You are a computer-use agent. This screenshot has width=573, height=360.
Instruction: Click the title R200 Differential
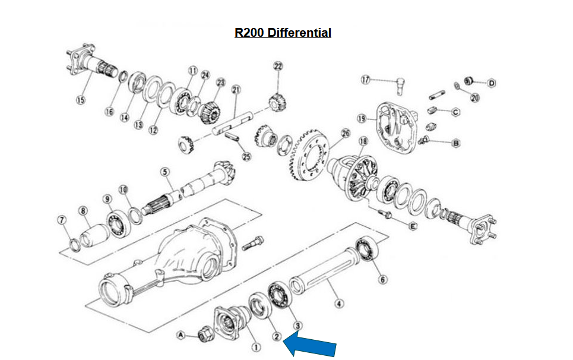283,33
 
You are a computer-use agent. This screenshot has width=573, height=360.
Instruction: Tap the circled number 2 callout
276,337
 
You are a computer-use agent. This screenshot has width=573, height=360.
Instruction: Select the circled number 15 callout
80,100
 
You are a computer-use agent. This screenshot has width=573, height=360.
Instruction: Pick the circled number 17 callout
366,80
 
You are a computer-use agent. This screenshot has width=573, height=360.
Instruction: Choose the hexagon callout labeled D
492,83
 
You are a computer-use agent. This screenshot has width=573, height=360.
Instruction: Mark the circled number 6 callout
382,280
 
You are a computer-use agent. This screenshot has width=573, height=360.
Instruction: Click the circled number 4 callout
339,304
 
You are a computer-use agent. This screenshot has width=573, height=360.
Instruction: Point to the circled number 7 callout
61,220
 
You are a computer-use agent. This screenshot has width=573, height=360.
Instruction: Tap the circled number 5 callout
166,172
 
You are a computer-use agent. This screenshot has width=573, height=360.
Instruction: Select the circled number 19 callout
361,119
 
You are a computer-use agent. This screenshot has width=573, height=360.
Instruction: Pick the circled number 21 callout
236,90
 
